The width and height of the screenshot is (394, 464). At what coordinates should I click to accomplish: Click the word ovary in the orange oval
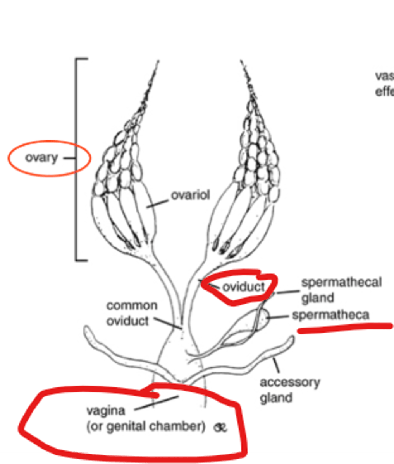[x=41, y=158]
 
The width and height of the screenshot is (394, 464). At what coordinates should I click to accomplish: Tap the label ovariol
[x=191, y=195]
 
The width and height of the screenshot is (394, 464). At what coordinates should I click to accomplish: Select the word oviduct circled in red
[x=243, y=287]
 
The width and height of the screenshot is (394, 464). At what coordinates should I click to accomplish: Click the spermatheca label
[x=330, y=315]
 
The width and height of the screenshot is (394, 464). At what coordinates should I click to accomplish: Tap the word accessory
[x=290, y=382]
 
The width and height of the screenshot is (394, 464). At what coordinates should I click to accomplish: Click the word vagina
[x=106, y=410]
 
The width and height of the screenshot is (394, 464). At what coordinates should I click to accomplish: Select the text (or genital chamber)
[x=145, y=426]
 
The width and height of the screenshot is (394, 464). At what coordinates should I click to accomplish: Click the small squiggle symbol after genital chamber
[x=221, y=428]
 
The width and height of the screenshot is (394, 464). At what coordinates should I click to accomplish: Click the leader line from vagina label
[x=157, y=402]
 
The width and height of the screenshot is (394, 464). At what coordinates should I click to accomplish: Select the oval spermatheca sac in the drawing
[x=263, y=318]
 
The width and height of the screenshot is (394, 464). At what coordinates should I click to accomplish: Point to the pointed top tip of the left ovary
[x=158, y=62]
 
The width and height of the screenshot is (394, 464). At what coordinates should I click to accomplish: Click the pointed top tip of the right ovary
[x=241, y=62]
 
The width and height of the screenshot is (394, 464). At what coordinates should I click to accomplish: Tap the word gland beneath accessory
[x=276, y=398]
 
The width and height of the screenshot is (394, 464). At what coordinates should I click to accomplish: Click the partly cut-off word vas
[x=384, y=76]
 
